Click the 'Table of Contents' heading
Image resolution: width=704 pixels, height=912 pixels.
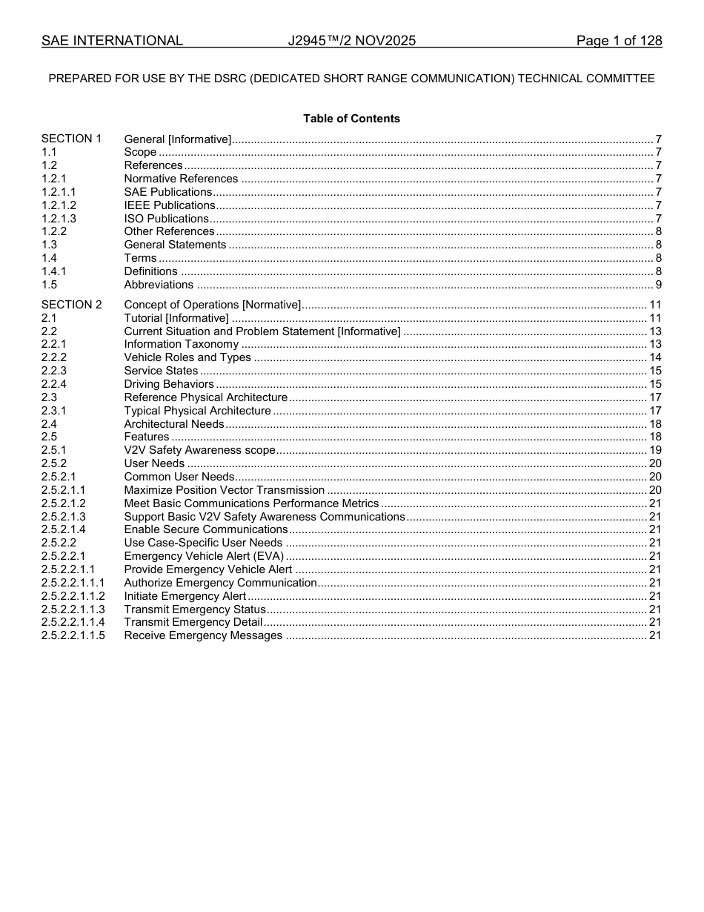[351, 119]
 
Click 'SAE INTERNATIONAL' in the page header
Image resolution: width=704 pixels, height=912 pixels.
[112, 41]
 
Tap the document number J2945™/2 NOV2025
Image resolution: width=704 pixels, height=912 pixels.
[351, 41]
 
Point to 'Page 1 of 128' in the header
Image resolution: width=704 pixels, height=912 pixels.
[619, 41]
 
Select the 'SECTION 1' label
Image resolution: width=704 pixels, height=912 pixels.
[71, 139]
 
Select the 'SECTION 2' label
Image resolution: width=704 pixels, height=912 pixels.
[71, 305]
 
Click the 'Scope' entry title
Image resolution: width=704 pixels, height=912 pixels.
[140, 152]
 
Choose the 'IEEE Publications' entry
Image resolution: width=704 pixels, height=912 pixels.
[170, 205]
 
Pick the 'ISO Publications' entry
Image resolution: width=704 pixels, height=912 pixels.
[166, 219]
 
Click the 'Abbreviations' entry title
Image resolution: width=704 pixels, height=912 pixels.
[159, 285]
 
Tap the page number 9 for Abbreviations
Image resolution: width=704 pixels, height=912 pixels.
[658, 285]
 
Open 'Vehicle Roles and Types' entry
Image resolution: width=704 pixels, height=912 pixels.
[187, 357]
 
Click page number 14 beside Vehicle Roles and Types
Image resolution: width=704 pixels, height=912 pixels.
[655, 357]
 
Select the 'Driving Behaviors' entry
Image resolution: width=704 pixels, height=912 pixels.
[169, 384]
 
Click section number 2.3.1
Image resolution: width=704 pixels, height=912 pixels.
[53, 411]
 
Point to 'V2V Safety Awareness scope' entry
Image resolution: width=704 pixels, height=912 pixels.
[199, 450]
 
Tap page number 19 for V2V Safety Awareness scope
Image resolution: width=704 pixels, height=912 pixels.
[655, 450]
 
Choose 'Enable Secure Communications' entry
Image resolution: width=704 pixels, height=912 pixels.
[205, 529]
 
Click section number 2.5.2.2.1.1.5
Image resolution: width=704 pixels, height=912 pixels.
[73, 635]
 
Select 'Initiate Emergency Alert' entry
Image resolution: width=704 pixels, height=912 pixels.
[185, 596]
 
